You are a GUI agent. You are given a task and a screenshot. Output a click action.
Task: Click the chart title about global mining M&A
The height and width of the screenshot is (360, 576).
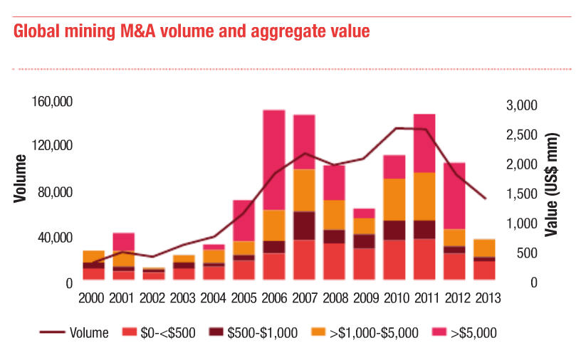click(x=191, y=32)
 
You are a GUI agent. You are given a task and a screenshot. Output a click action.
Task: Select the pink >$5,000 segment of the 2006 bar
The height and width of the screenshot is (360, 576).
click(x=274, y=159)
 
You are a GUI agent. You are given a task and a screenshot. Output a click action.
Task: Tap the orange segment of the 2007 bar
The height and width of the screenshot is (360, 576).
click(x=305, y=190)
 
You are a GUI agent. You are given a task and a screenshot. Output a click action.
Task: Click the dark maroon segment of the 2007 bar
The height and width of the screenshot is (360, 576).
click(x=305, y=226)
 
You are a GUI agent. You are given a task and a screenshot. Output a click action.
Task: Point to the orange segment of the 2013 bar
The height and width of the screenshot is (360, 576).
click(x=485, y=248)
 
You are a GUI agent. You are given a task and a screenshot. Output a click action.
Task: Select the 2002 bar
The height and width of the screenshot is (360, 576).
click(x=154, y=275)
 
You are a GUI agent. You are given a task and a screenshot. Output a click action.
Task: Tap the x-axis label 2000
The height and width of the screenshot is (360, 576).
click(x=94, y=299)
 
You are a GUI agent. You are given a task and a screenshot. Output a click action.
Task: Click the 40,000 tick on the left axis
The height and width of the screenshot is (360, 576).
click(x=55, y=237)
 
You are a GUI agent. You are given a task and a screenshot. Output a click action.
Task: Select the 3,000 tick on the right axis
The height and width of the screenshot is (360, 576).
click(x=521, y=105)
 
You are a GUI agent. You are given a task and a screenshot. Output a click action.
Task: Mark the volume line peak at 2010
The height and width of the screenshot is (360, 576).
click(x=394, y=128)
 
